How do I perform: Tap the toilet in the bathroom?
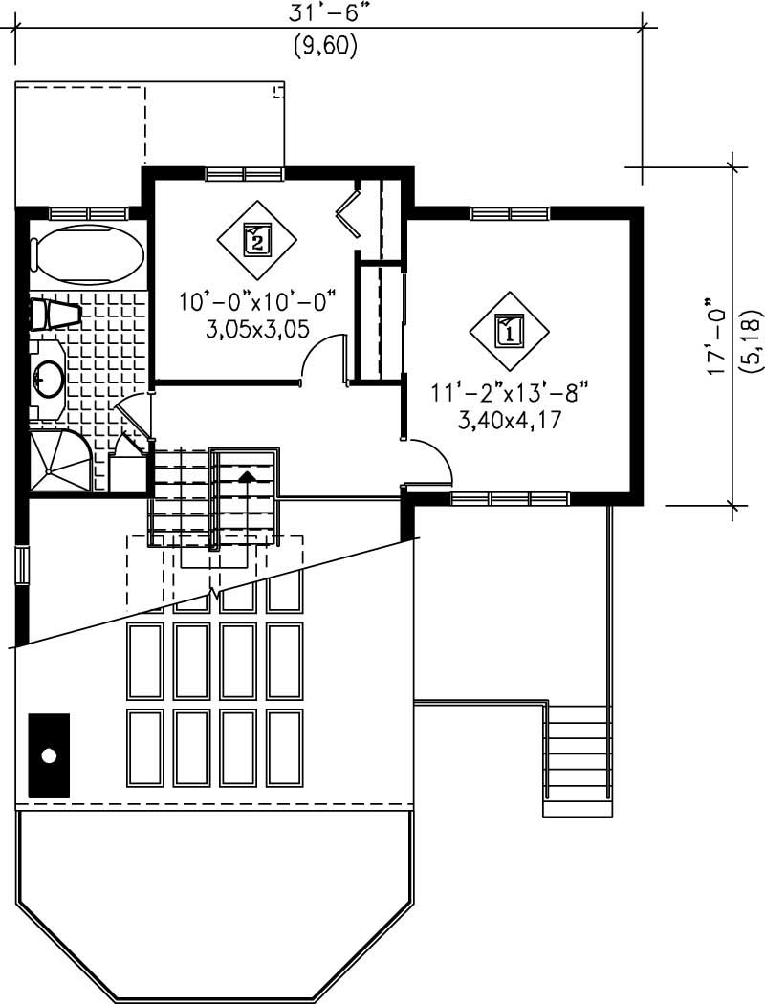(56, 314)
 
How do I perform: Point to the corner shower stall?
(59, 460)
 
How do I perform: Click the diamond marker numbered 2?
(256, 241)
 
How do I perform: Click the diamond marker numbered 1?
(509, 332)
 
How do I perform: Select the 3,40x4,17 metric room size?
(510, 420)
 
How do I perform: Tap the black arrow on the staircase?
(246, 476)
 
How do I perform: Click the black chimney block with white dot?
(49, 755)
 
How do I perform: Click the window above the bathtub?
(89, 213)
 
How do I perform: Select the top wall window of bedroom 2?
(245, 173)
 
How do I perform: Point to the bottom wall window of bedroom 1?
(511, 498)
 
